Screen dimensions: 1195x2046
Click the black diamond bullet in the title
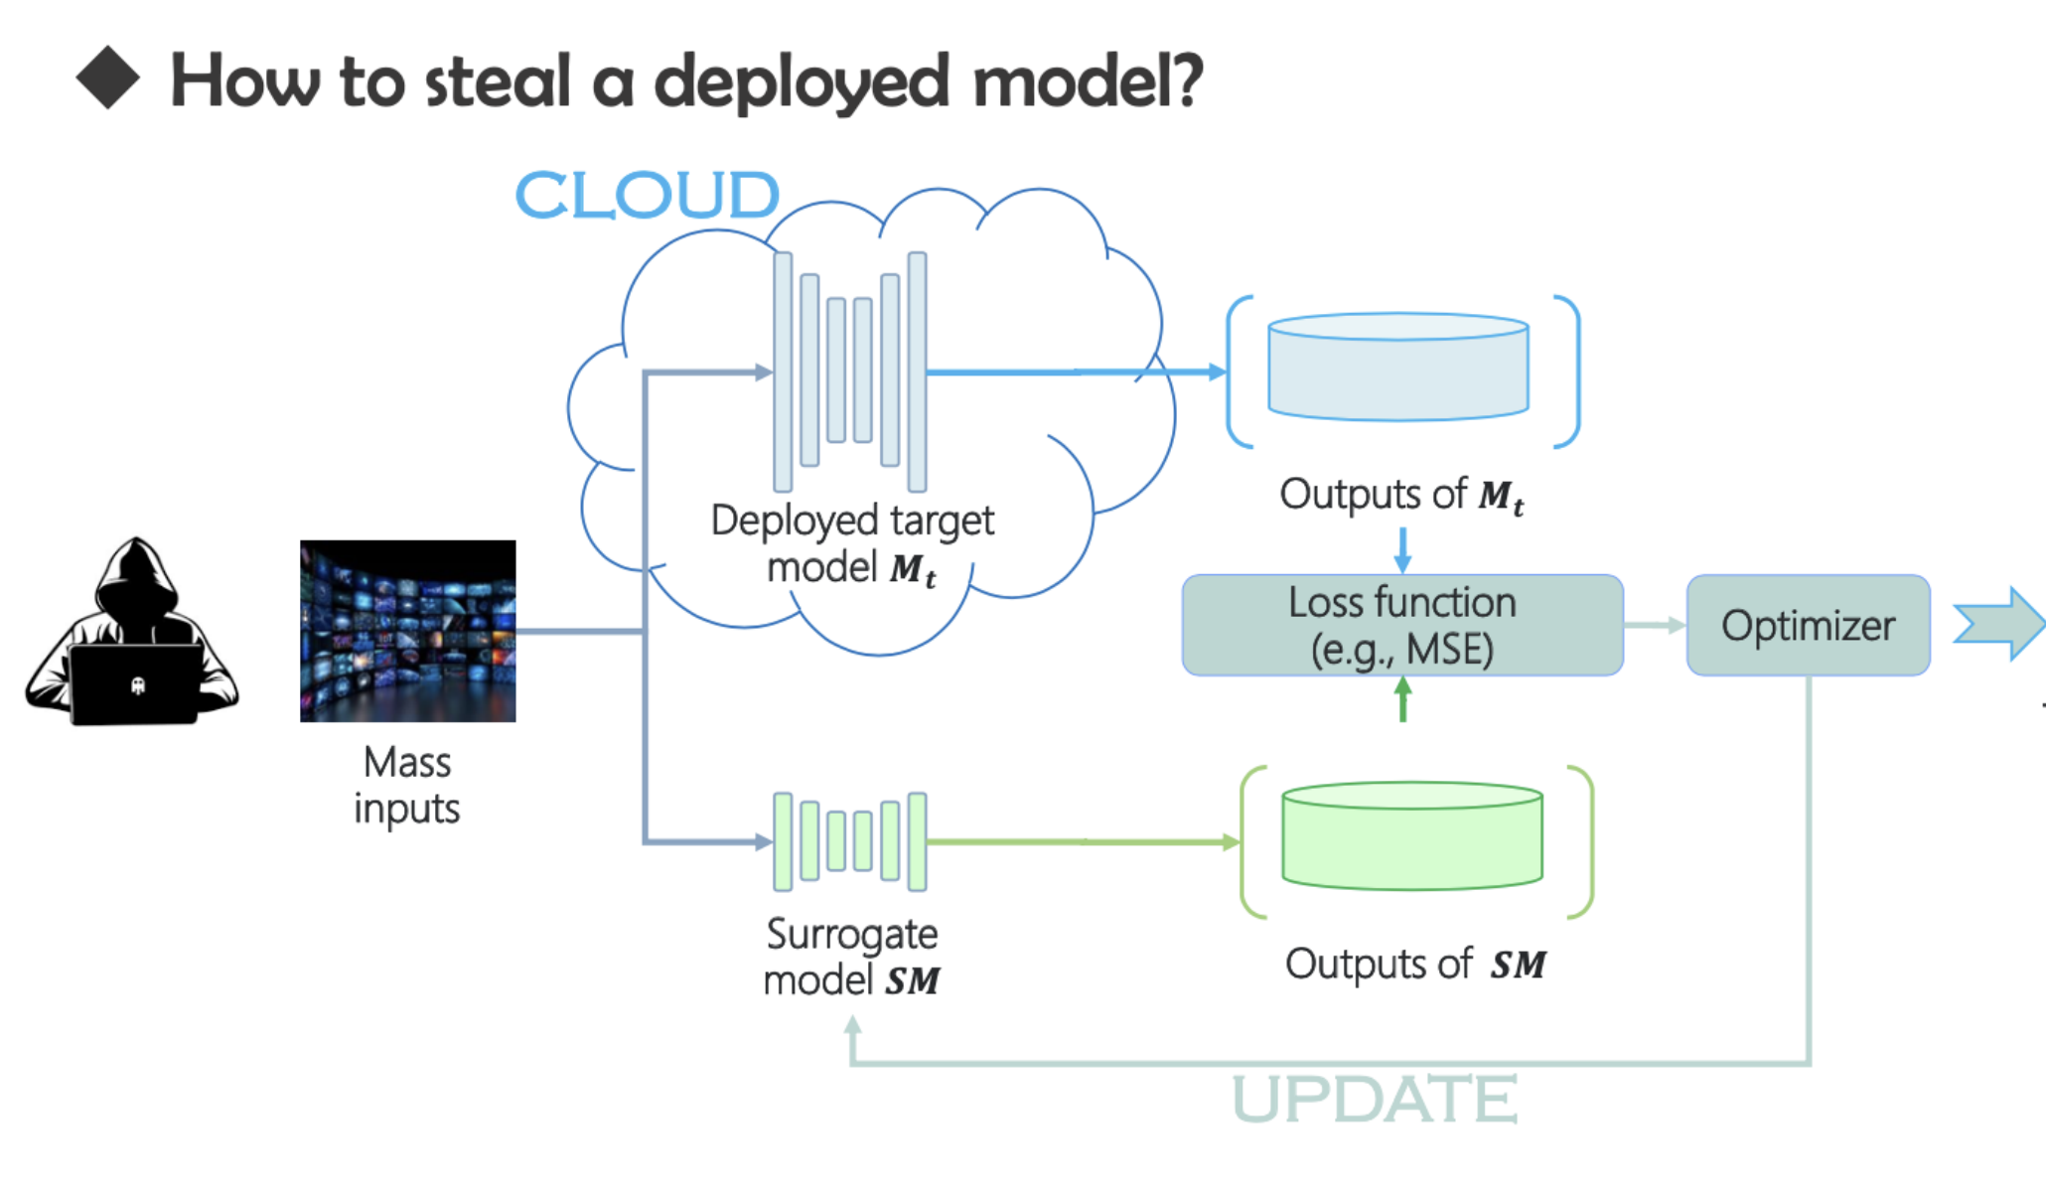[x=107, y=77]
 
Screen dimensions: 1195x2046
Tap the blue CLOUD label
[x=647, y=195]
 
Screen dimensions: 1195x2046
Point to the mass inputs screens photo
[x=407, y=631]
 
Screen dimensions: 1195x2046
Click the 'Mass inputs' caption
[x=407, y=785]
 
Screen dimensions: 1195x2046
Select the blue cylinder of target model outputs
[x=1397, y=368]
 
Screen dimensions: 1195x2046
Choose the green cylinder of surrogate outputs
[x=1411, y=836]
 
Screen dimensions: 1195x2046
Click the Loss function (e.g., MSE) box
[x=1401, y=626]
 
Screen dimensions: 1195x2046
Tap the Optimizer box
[x=1808, y=626]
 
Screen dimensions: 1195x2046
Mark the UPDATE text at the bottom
[x=1375, y=1099]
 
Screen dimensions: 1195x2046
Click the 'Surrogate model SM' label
[x=852, y=957]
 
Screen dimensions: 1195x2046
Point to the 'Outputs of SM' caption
[x=1415, y=964]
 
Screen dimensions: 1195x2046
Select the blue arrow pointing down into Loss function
[x=1402, y=549]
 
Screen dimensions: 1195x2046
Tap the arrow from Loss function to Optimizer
[x=1655, y=625]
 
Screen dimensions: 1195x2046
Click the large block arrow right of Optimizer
[x=1998, y=624]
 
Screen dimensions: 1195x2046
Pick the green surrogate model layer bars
[x=850, y=840]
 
